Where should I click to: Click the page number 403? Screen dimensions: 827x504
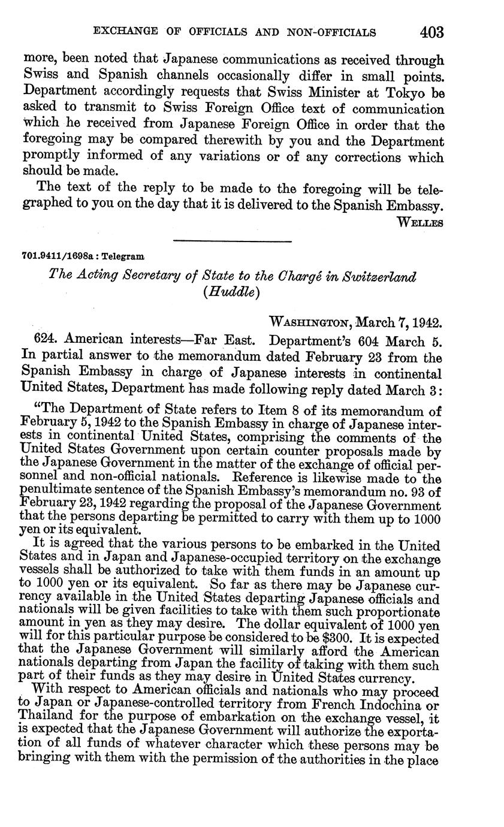point(431,32)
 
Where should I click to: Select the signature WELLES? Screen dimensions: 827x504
point(420,222)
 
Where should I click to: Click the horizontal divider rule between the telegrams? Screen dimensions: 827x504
point(231,242)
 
